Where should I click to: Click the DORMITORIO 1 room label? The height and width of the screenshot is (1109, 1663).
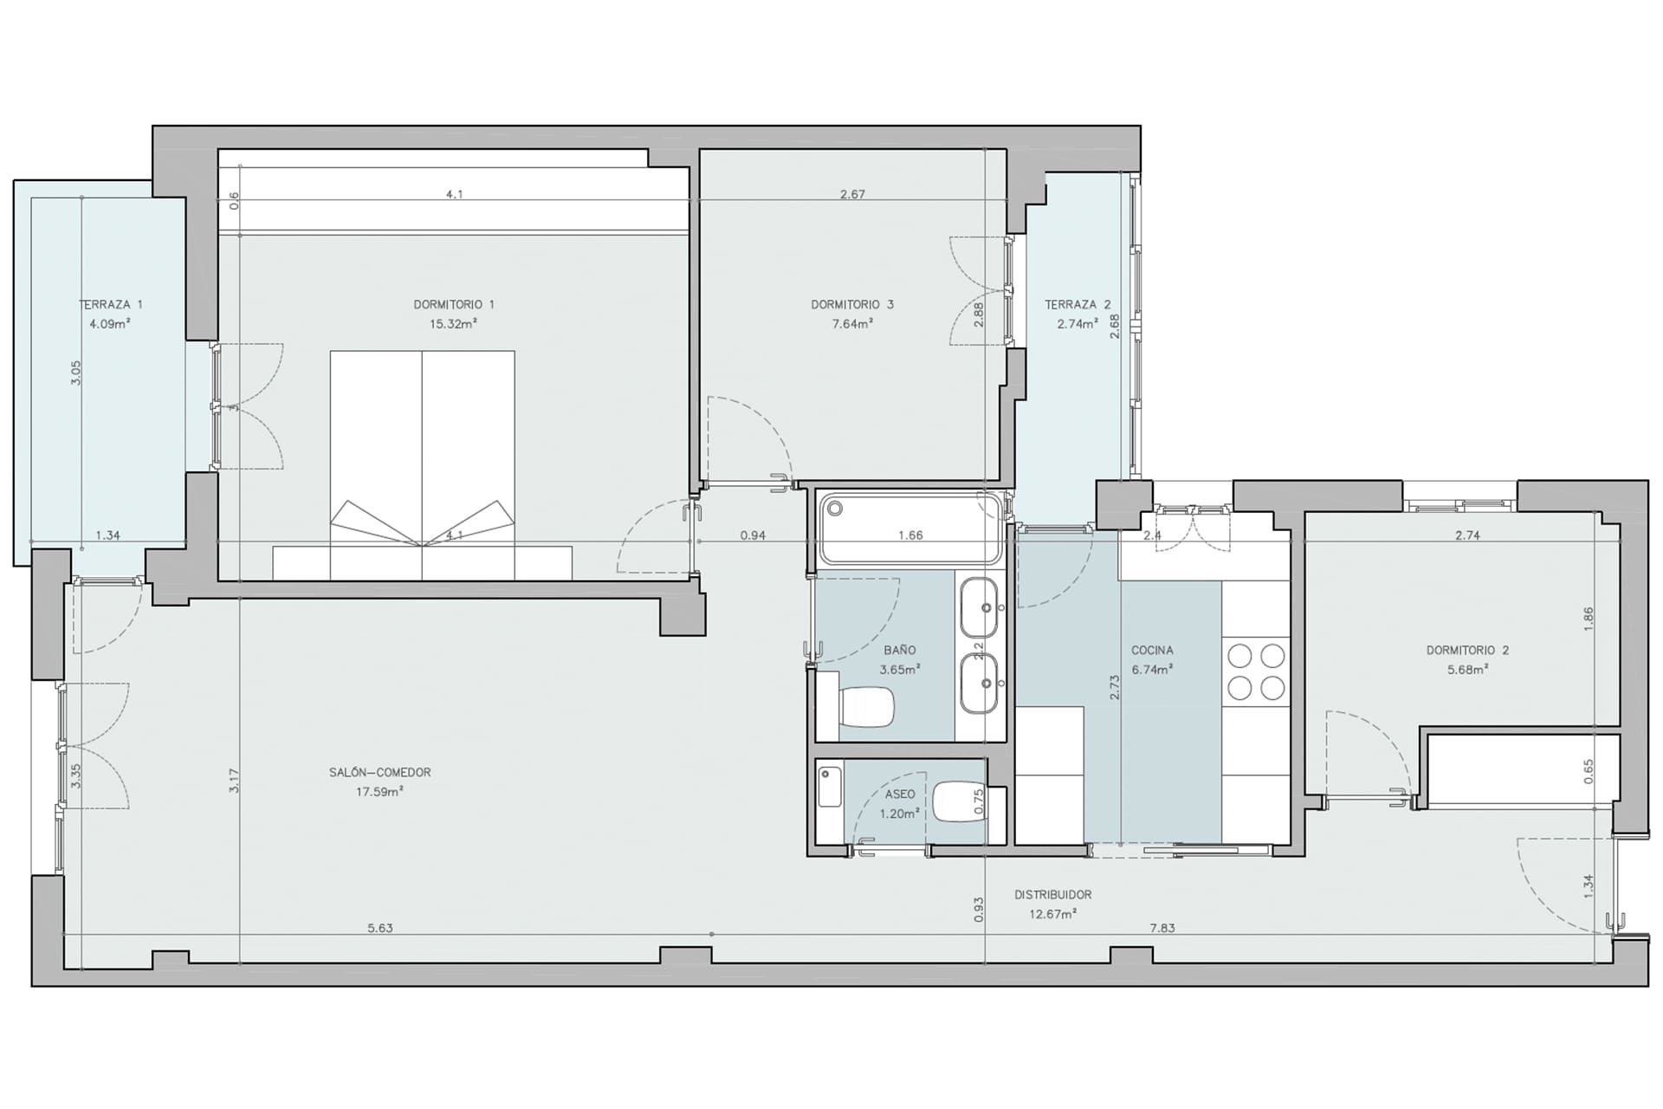pyautogui.click(x=454, y=305)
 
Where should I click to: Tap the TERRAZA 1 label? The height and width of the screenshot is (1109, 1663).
pyautogui.click(x=111, y=305)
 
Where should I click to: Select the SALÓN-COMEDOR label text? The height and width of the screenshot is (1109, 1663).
pyautogui.click(x=379, y=772)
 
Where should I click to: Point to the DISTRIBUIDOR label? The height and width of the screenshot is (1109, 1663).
pyautogui.click(x=1053, y=895)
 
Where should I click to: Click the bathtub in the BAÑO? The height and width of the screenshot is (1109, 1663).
pyautogui.click(x=911, y=529)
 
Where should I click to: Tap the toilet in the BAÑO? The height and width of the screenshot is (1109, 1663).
pyautogui.click(x=867, y=707)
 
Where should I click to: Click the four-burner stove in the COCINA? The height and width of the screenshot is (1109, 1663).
pyautogui.click(x=1256, y=671)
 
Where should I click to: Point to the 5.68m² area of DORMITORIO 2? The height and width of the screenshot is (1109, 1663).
pyautogui.click(x=1468, y=670)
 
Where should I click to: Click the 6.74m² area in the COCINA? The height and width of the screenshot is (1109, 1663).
pyautogui.click(x=1152, y=670)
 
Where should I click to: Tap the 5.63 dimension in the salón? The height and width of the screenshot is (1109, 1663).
pyautogui.click(x=380, y=928)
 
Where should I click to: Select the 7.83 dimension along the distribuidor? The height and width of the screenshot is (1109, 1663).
pyautogui.click(x=1162, y=928)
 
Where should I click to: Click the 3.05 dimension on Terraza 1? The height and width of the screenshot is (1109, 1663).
pyautogui.click(x=76, y=373)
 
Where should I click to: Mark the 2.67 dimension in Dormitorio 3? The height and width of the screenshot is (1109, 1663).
pyautogui.click(x=852, y=195)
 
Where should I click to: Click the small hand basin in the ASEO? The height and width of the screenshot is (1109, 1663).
pyautogui.click(x=830, y=787)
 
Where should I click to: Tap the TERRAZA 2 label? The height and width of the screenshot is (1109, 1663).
pyautogui.click(x=1077, y=305)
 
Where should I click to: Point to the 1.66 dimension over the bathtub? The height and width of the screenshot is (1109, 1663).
pyautogui.click(x=910, y=535)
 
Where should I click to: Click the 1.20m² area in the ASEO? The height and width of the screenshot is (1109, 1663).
pyautogui.click(x=899, y=814)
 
